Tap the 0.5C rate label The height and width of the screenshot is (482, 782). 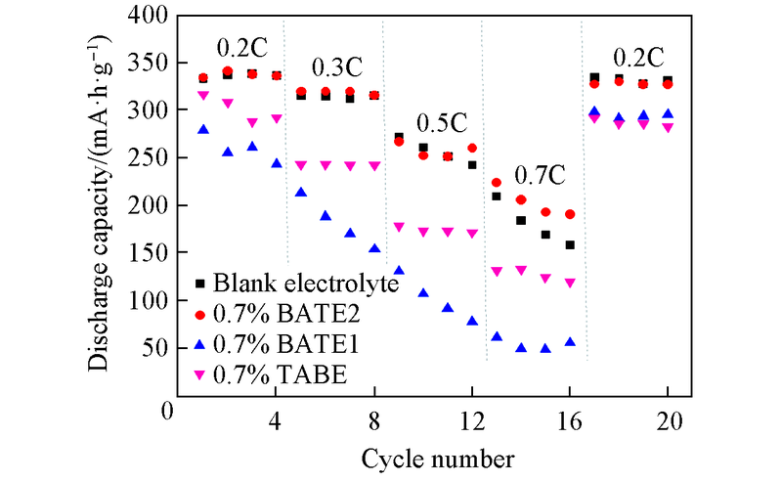pos(442,124)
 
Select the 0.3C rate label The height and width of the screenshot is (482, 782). pos(337,68)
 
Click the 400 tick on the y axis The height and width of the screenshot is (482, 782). pos(151,16)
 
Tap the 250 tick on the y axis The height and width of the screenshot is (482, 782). pos(151,157)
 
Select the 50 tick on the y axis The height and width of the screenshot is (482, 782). pos(156,348)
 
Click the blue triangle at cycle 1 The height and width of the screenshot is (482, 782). pos(203,129)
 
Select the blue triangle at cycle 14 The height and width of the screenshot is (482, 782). pos(521,347)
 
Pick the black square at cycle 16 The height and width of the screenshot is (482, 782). pos(570,244)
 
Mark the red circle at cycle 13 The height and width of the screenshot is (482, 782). pos(497,183)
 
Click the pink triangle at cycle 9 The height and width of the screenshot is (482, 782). pos(399,227)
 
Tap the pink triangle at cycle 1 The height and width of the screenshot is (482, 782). pos(203,96)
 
